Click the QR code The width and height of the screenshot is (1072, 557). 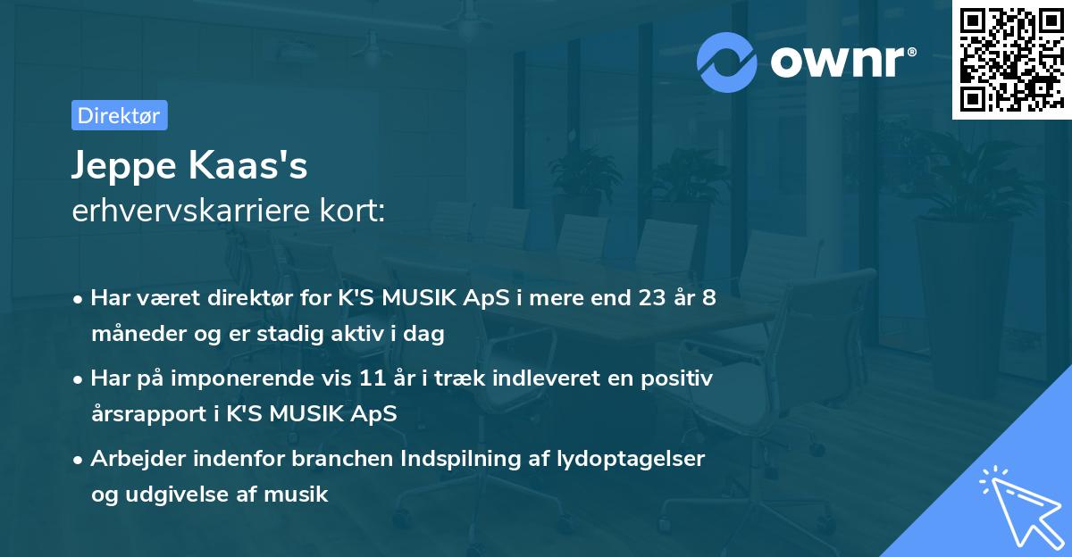point(1011,60)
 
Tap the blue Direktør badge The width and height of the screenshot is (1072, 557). point(119,115)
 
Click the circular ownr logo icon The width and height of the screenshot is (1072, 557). point(727,62)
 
